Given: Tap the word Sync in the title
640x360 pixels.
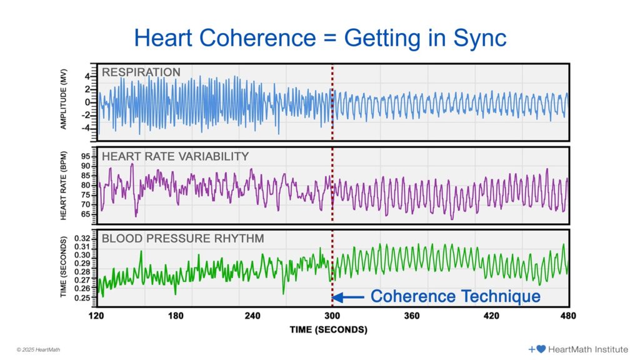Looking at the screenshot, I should tap(476, 38).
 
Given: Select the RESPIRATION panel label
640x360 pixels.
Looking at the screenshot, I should tap(141, 72).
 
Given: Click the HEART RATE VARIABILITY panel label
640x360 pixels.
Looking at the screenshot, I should tap(175, 156).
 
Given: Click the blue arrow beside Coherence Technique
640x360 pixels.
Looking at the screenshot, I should tap(351, 297).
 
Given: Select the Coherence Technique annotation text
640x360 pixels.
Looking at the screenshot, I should tap(456, 296).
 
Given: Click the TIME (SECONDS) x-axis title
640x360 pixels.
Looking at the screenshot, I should tap(328, 329).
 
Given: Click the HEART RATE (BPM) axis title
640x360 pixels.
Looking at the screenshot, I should tap(64, 185).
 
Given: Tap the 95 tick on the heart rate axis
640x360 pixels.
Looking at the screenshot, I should tap(86, 156).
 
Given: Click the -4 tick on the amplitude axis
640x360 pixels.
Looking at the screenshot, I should tap(86, 127).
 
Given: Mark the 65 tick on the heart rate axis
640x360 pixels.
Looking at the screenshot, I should tap(86, 214).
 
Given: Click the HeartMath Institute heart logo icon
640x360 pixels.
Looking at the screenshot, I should tap(541, 349).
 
